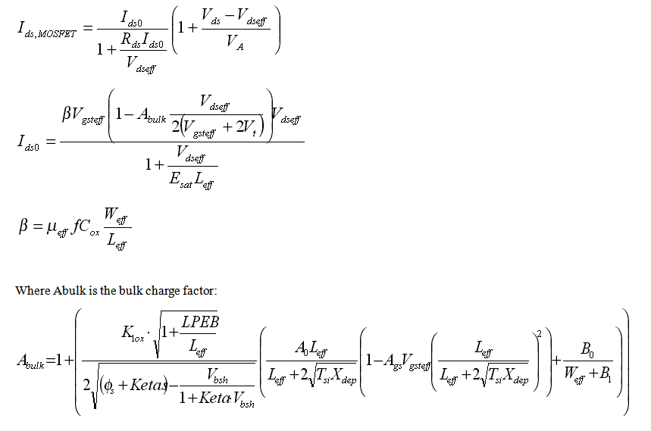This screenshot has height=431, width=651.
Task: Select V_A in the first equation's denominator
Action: coord(235,42)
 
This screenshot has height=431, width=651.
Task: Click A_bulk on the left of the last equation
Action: coord(31,363)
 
